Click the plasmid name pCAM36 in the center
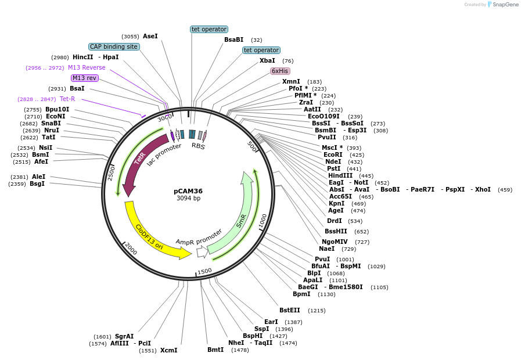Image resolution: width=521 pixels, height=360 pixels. click(x=188, y=190)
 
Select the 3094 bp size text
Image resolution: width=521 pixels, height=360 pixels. click(x=188, y=199)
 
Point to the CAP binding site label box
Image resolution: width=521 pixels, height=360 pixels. click(x=114, y=46)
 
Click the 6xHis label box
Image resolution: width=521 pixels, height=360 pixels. click(x=280, y=71)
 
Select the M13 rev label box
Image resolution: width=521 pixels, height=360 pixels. click(x=84, y=78)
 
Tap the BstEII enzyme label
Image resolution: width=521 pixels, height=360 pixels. click(x=290, y=310)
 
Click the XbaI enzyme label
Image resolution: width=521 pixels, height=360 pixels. click(x=267, y=60)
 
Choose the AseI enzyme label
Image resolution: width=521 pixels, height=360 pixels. click(x=150, y=36)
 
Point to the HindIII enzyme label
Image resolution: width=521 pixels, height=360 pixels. click(x=342, y=175)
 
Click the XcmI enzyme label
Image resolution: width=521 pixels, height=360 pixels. click(x=168, y=350)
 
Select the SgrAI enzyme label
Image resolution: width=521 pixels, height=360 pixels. click(x=124, y=336)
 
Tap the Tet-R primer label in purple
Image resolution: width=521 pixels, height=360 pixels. click(x=67, y=99)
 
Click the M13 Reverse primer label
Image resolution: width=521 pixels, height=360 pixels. click(x=87, y=67)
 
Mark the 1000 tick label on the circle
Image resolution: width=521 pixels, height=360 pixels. click(x=263, y=221)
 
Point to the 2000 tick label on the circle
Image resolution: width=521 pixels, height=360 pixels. click(x=131, y=249)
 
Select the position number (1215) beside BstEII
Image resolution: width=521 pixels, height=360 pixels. click(x=317, y=311)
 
